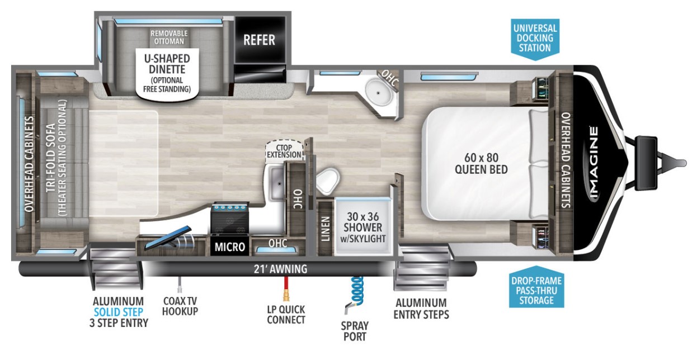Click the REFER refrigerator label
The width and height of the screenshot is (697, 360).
(259, 40)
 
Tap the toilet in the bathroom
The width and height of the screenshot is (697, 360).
(327, 181)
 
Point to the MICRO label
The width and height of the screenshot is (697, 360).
(230, 247)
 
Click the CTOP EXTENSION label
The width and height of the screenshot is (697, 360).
(284, 151)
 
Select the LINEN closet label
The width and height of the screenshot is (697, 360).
(325, 229)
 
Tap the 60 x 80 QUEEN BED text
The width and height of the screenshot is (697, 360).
(482, 164)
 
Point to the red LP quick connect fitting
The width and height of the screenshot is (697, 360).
(286, 289)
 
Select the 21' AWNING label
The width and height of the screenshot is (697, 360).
(280, 269)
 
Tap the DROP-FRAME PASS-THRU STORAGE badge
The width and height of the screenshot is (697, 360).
(536, 287)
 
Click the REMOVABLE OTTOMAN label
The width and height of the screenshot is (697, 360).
(169, 37)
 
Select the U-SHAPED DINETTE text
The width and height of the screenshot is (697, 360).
(167, 64)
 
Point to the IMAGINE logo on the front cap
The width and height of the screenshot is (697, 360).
(594, 163)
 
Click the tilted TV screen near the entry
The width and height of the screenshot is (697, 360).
(168, 238)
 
